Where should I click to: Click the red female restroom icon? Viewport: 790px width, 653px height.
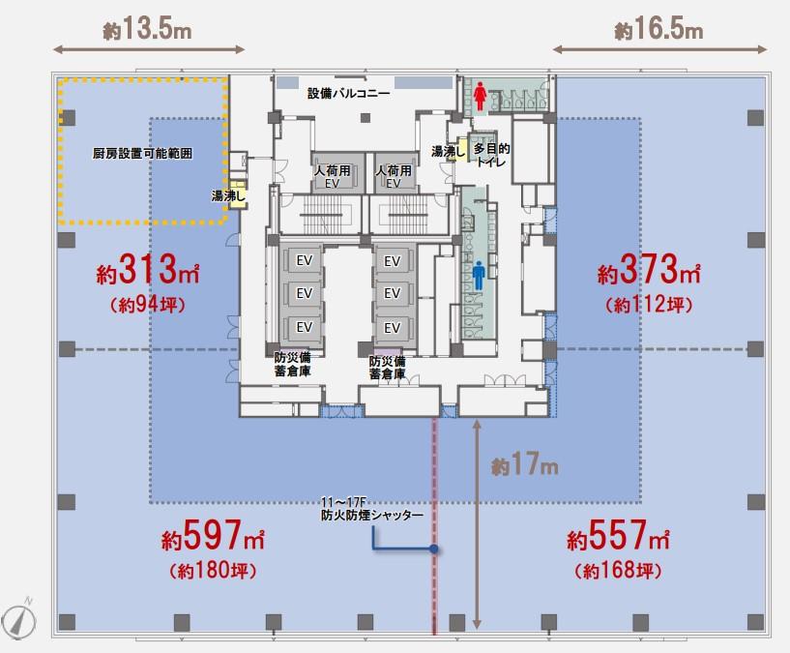[x=480, y=96]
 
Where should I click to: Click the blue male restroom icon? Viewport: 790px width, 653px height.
[x=479, y=277]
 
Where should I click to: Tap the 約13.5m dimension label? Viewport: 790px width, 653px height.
[x=148, y=29]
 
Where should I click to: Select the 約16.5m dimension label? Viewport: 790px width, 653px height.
[x=658, y=29]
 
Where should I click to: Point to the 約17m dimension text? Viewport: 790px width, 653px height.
[x=525, y=465]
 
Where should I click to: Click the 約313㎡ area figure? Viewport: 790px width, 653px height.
[x=148, y=269]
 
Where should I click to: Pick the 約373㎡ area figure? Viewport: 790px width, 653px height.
[x=649, y=269]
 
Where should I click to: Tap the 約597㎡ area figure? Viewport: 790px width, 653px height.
[x=213, y=535]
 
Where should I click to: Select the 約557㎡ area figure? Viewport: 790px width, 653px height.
[x=618, y=535]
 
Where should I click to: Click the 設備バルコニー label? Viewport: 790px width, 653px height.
[x=349, y=93]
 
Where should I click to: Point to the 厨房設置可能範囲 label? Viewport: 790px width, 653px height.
[x=142, y=153]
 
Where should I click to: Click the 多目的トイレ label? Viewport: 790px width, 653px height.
[x=491, y=155]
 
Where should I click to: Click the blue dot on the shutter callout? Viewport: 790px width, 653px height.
[x=434, y=549]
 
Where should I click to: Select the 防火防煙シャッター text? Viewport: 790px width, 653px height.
[x=372, y=515]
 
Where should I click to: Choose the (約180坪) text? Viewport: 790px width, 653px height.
[x=213, y=571]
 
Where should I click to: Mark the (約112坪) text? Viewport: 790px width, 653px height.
[x=649, y=305]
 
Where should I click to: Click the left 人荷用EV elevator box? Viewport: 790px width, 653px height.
[x=332, y=172]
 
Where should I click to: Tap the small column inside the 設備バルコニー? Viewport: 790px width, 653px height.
[x=366, y=118]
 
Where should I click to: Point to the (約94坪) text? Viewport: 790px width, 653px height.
[x=148, y=305]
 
